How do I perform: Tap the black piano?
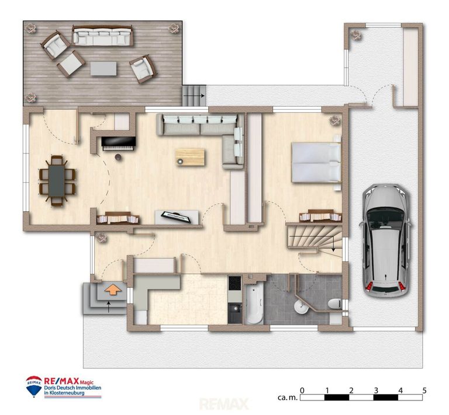[x=118, y=143]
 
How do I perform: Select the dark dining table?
[x=57, y=181]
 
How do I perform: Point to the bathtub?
[x=254, y=304]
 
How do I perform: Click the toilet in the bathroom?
[x=334, y=304]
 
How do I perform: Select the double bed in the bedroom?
[x=316, y=162]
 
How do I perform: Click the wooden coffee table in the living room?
[x=190, y=157]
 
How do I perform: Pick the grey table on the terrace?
[x=103, y=69]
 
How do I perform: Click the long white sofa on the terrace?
[x=102, y=36]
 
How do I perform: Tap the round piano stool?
[x=118, y=156]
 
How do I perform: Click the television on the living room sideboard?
[x=177, y=217]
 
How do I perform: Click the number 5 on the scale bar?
[x=424, y=390]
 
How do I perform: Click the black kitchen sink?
[x=236, y=313]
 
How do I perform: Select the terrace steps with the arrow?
[x=194, y=96]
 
